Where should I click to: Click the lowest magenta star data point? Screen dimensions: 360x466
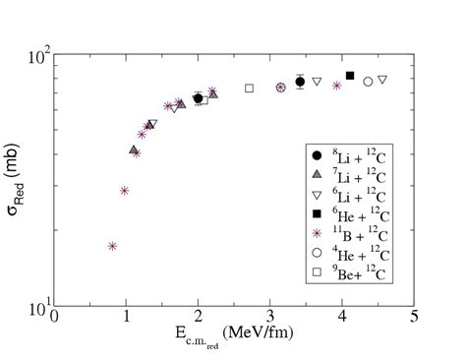(112, 246)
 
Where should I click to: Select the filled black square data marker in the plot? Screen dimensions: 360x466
(350, 76)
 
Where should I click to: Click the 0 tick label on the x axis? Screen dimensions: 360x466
(54, 319)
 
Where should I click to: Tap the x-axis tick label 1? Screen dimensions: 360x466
(126, 319)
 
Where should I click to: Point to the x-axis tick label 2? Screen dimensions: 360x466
(198, 319)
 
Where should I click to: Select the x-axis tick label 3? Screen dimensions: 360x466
(270, 319)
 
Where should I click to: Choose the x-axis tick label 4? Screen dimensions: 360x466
(342, 319)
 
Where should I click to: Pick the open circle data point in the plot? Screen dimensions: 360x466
(368, 82)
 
